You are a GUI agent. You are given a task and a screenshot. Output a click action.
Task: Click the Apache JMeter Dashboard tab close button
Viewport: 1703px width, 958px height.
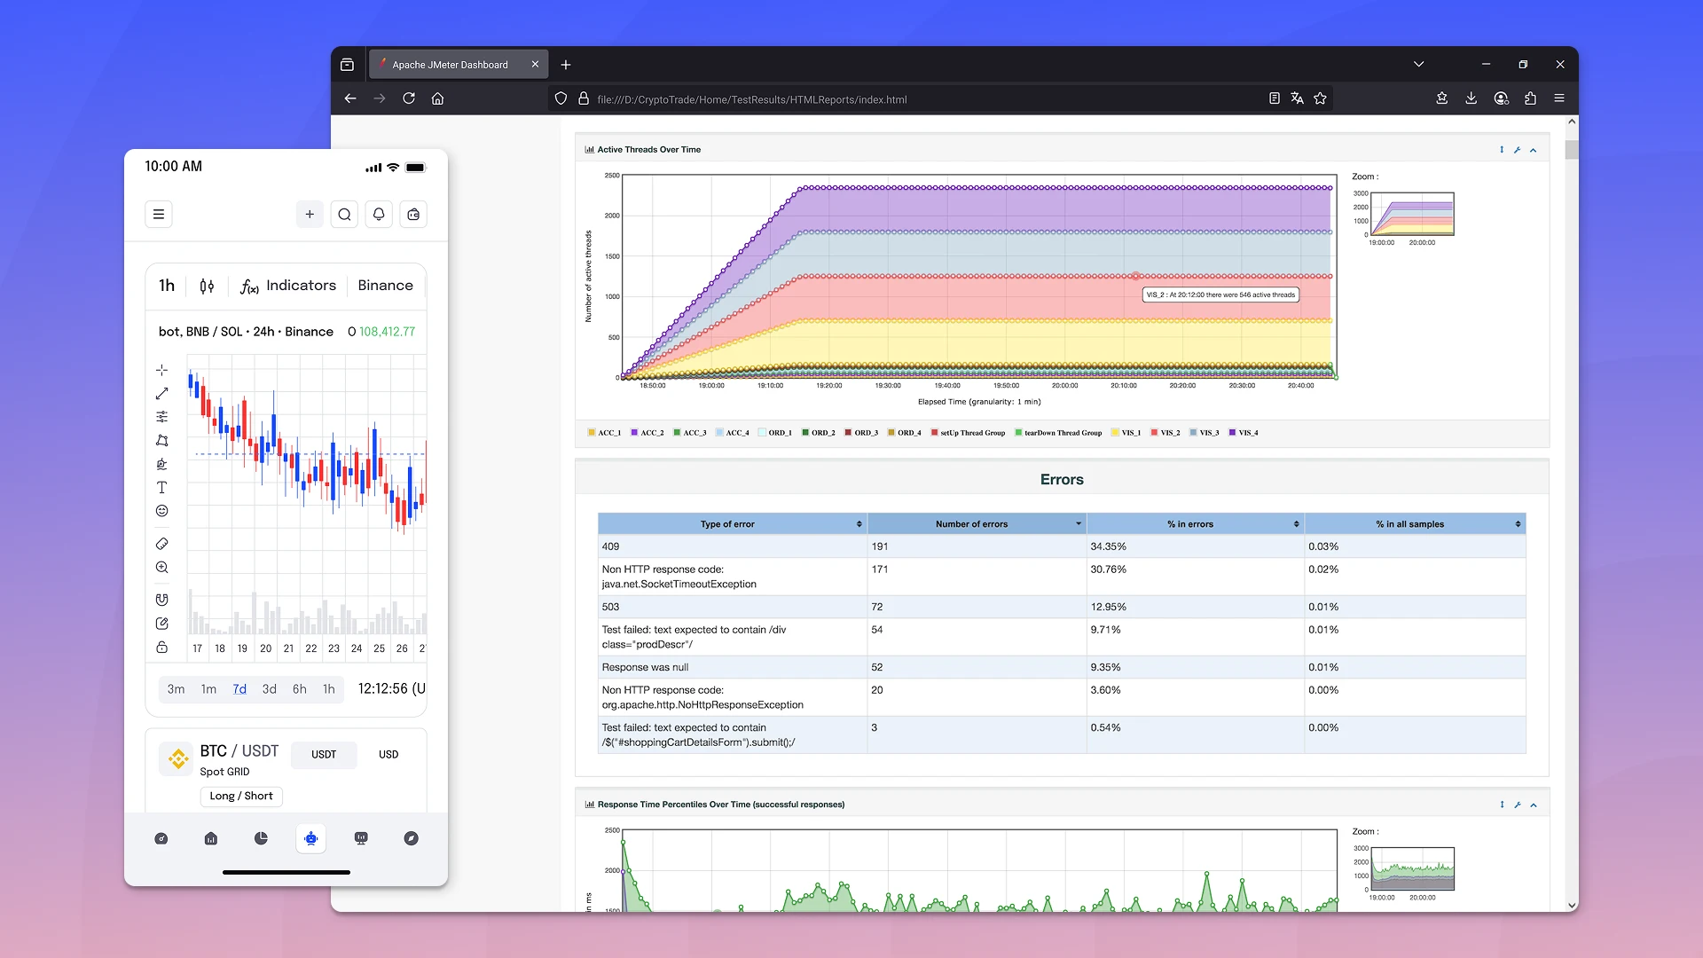click(535, 65)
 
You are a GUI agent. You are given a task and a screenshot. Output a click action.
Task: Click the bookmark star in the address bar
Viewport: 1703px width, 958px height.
click(1320, 98)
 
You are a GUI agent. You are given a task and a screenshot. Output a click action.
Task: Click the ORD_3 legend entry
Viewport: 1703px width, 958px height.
click(860, 433)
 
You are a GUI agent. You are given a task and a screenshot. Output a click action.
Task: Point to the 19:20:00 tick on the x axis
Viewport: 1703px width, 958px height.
click(828, 386)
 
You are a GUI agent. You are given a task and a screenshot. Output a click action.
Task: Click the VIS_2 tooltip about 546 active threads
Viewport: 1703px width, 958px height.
click(1220, 294)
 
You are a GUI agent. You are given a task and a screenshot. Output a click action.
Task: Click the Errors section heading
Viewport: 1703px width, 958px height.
click(1061, 480)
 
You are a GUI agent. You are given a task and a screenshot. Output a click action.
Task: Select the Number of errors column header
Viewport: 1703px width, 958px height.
click(971, 524)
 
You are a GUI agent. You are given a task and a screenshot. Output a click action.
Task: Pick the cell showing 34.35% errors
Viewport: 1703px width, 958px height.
click(1108, 546)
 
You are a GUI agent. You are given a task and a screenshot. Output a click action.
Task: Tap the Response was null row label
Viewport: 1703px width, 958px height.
click(645, 667)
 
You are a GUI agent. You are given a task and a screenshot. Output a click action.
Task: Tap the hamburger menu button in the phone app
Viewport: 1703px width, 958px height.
click(159, 214)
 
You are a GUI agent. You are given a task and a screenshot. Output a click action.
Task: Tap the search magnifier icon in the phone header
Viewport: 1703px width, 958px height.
click(344, 214)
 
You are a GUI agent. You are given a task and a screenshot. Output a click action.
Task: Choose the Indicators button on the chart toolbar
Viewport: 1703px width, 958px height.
click(288, 286)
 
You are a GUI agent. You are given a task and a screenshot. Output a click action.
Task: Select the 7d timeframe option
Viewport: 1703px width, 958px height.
click(239, 689)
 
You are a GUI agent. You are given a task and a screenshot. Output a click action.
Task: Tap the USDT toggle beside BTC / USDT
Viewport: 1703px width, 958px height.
click(324, 755)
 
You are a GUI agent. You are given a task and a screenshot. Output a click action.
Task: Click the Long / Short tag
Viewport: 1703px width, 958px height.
click(241, 796)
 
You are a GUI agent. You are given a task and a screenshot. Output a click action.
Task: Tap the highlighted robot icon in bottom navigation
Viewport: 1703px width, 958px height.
click(311, 838)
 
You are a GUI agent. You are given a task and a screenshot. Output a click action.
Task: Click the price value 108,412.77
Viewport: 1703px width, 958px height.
click(387, 332)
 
